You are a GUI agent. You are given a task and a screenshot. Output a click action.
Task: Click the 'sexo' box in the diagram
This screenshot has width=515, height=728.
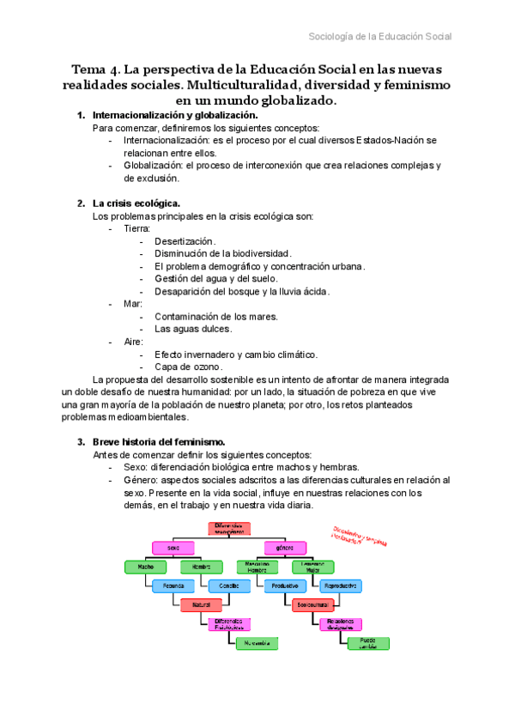click(x=174, y=547)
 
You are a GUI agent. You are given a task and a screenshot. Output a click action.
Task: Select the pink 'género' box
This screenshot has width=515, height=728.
click(x=285, y=547)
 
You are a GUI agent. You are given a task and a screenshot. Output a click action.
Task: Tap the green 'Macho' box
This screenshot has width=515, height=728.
click(x=146, y=567)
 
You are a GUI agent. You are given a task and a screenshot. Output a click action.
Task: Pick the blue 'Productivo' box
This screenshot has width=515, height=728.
click(x=285, y=585)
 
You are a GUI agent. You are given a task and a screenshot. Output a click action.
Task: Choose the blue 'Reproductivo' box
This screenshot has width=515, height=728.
click(x=340, y=585)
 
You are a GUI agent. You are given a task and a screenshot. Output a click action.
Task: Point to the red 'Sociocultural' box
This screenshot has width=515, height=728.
click(x=312, y=604)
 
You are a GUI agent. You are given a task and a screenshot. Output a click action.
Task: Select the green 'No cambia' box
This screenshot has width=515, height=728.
click(x=257, y=642)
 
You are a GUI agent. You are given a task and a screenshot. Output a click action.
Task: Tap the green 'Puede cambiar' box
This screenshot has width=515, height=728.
click(x=367, y=642)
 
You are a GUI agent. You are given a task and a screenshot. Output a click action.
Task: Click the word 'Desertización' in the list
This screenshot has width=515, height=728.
click(x=185, y=241)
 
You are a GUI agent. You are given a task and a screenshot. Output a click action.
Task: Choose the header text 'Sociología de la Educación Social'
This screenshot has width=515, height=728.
click(x=380, y=36)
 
